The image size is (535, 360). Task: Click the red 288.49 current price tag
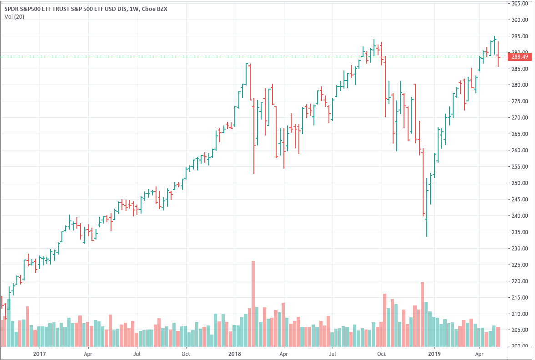(520, 57)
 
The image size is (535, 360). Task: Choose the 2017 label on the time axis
(40, 353)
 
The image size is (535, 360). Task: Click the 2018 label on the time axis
(235, 353)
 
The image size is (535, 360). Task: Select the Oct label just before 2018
(186, 353)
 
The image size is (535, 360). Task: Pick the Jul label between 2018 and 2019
(333, 353)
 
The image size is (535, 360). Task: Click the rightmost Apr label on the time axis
(479, 353)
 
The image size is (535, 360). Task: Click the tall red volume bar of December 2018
(422, 314)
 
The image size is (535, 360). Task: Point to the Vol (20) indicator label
(15, 17)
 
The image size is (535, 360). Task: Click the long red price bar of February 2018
(254, 136)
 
